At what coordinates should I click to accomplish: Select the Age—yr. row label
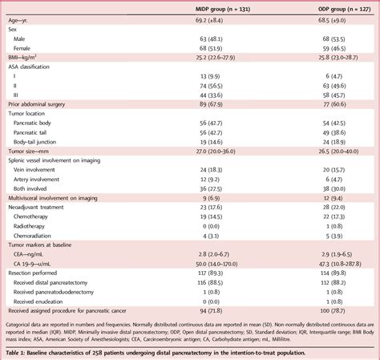tap(22, 18)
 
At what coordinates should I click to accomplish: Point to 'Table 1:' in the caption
tap(16, 353)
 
